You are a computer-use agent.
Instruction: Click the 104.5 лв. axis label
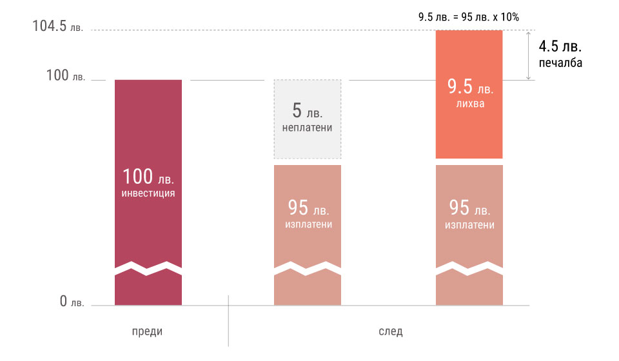[58, 27]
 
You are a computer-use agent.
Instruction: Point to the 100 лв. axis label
[65, 76]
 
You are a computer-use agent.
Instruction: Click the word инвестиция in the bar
[148, 192]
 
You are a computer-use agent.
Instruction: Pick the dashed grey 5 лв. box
[308, 119]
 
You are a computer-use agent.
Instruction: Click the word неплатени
[308, 128]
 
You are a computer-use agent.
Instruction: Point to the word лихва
[469, 103]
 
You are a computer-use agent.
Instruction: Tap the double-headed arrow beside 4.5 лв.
[529, 55]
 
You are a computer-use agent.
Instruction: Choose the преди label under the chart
[148, 331]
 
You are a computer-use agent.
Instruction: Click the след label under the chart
[390, 331]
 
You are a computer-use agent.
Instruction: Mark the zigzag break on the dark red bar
[148, 268]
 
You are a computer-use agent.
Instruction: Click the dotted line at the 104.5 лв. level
[258, 30]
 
